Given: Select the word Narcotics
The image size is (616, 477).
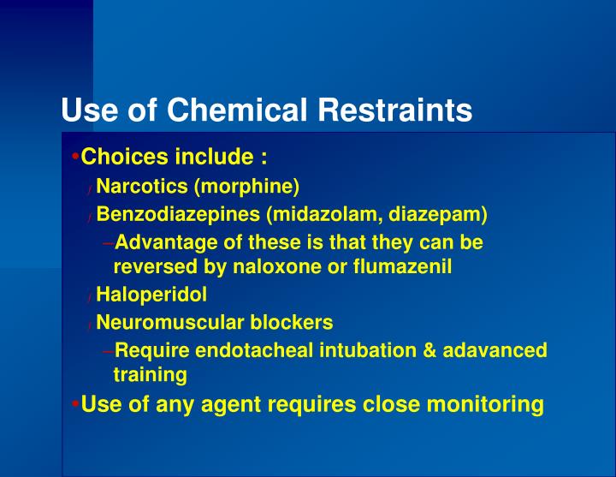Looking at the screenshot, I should (x=142, y=186).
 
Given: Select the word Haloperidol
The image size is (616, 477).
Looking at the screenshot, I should (x=151, y=295).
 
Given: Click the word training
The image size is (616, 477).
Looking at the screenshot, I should (x=150, y=375).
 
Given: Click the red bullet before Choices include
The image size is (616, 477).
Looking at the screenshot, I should (x=76, y=158).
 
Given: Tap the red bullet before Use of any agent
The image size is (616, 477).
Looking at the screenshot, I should (x=76, y=403).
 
